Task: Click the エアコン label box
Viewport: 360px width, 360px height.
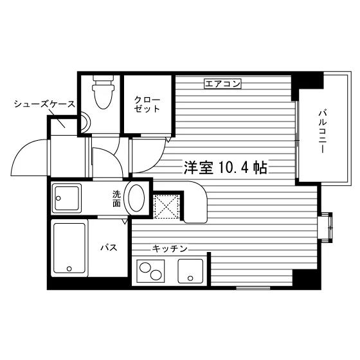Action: point(222,84)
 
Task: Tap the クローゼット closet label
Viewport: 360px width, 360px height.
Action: point(147,104)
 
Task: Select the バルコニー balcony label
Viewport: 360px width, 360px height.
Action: point(322,132)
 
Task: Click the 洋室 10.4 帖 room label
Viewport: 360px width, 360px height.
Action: point(226,168)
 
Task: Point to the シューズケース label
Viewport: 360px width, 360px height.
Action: point(44,104)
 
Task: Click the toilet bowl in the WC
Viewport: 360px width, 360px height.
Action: point(103,93)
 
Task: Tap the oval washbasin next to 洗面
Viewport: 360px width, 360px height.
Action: point(136,198)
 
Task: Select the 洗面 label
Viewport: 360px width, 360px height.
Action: point(116,199)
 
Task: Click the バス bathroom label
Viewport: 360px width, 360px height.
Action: point(109,248)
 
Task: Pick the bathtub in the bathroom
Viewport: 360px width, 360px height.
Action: point(69,248)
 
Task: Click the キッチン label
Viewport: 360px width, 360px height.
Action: point(170,248)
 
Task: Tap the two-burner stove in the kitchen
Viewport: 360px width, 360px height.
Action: point(150,271)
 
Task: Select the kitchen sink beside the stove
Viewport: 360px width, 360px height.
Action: point(190,271)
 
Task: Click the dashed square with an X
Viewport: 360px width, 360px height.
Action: point(166,206)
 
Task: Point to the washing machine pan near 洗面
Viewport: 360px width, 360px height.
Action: point(67,198)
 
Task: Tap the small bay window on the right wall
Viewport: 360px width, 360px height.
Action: point(325,227)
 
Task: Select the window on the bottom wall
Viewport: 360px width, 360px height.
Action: point(253,288)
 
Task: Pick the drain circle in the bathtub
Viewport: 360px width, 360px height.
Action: point(69,269)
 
